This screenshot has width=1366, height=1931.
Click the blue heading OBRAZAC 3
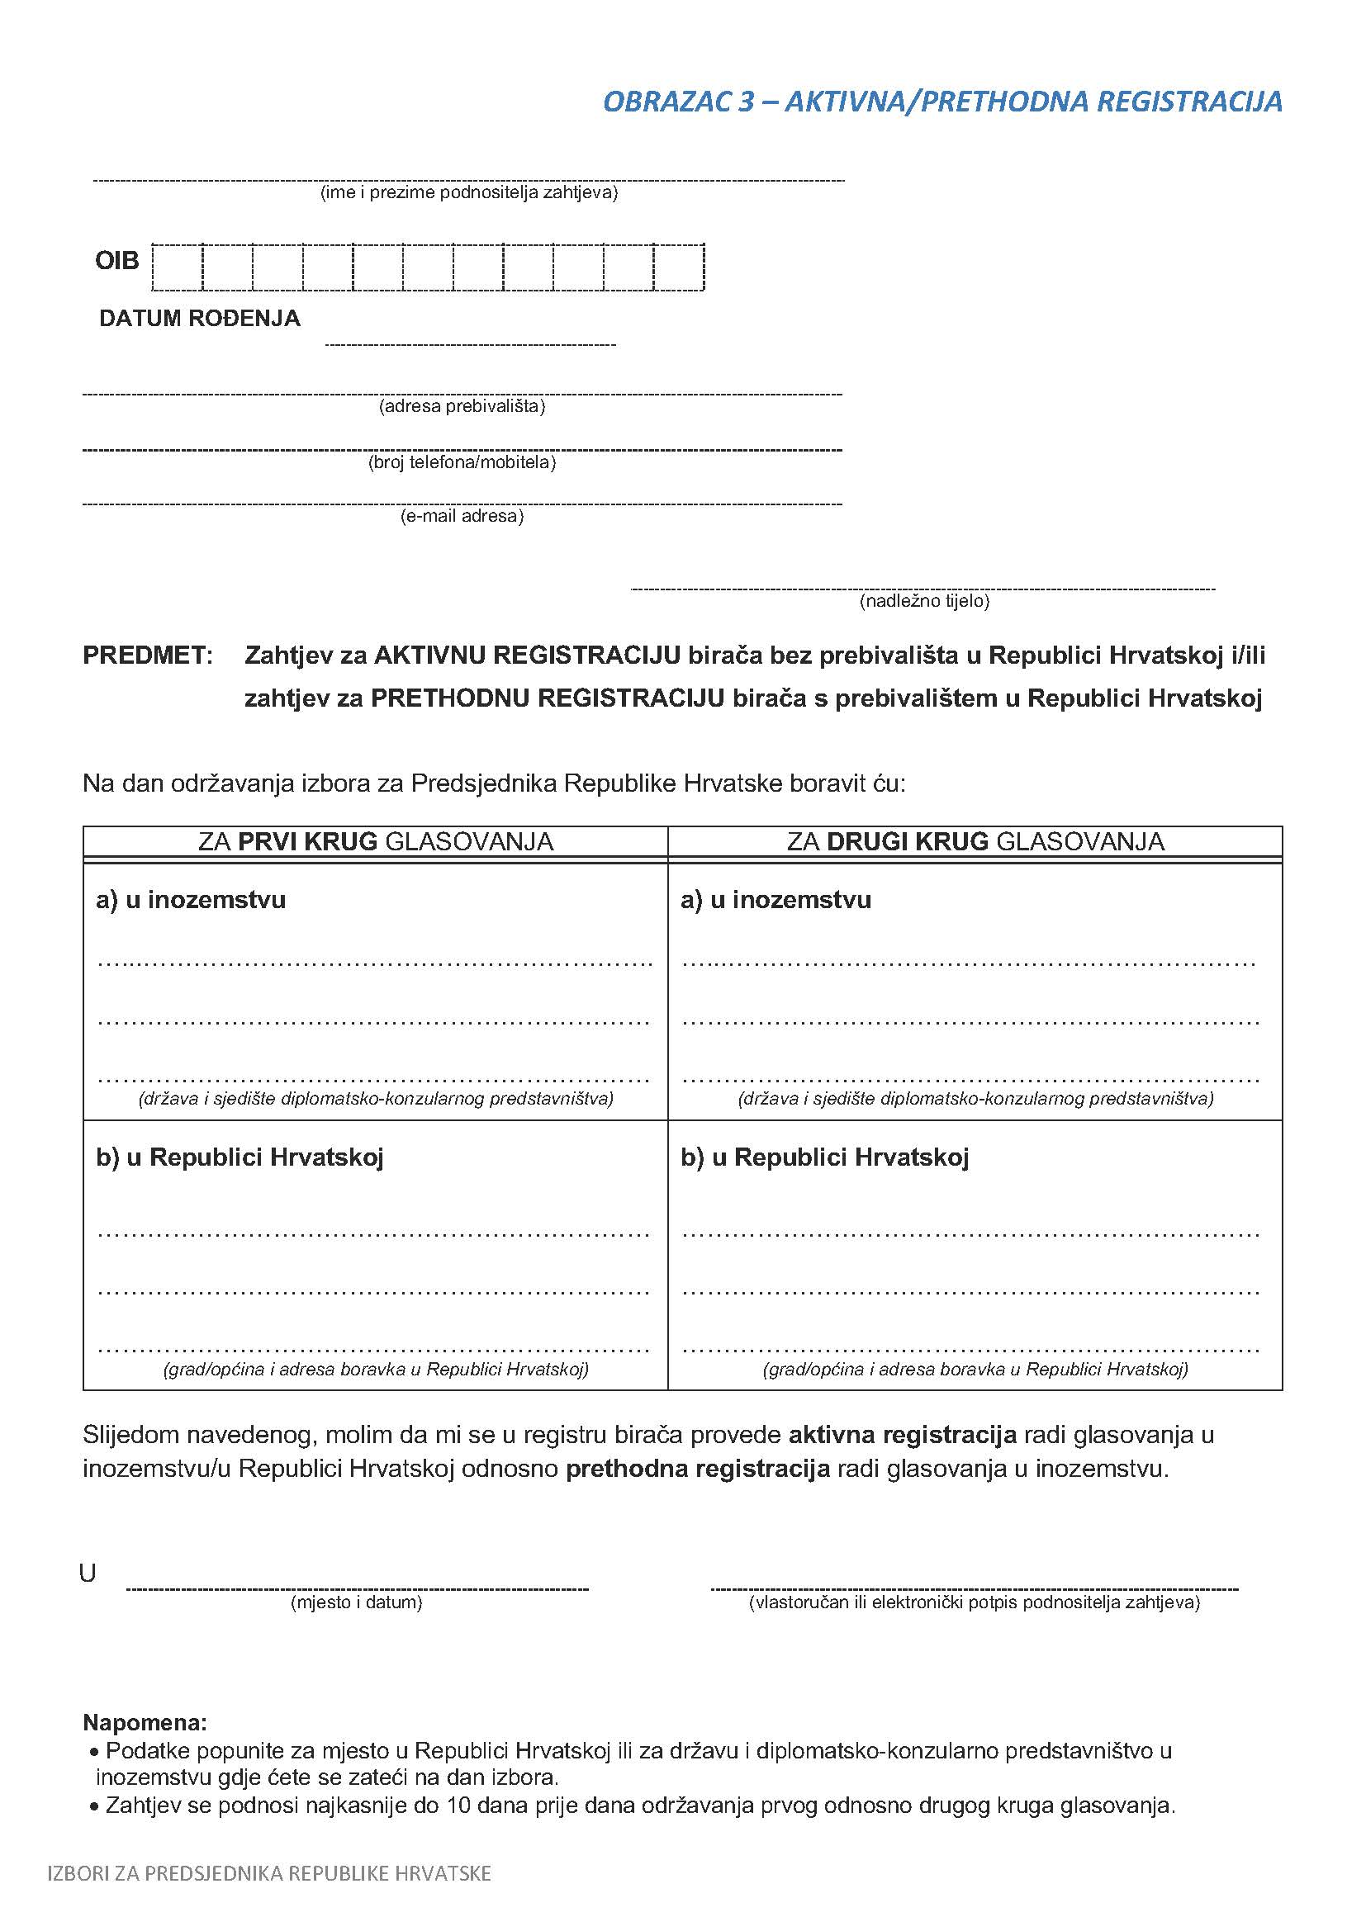[x=942, y=102]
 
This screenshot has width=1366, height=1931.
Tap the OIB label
[x=117, y=261]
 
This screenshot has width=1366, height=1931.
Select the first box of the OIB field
[x=178, y=267]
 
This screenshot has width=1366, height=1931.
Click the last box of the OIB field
[x=679, y=267]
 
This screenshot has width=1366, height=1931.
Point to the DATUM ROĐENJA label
[x=199, y=319]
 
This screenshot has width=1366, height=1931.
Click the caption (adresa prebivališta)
[x=462, y=407]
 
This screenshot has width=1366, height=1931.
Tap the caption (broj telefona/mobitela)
[x=462, y=462]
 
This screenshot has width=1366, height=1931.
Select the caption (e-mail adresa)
[x=462, y=516]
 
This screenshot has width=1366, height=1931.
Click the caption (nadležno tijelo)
[x=923, y=601]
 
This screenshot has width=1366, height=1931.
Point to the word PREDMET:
[x=148, y=656]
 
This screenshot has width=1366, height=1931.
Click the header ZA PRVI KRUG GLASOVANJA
[x=375, y=842]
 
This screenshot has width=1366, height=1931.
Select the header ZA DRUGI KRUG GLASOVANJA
[x=975, y=842]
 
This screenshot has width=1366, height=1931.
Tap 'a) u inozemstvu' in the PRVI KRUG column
[x=191, y=900]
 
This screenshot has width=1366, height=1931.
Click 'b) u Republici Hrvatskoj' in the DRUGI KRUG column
[x=824, y=1157]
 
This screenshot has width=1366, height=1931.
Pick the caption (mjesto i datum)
[x=357, y=1603]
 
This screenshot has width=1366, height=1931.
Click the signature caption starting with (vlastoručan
[x=974, y=1603]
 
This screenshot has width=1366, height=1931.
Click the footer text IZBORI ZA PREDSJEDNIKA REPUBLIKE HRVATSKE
[x=269, y=1874]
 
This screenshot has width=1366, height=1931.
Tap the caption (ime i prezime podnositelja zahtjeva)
[x=468, y=193]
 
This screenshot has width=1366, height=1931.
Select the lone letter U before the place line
[x=88, y=1574]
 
